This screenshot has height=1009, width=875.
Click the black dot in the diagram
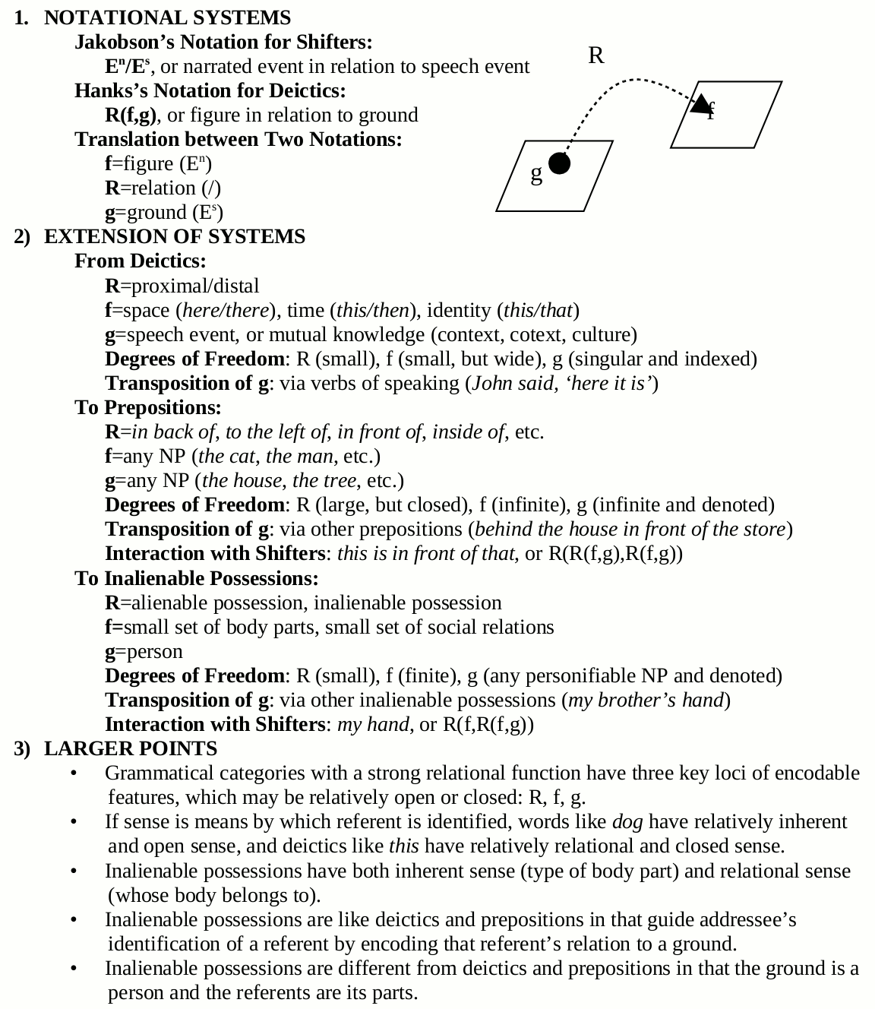tap(559, 163)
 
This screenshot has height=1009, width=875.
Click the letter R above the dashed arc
tap(596, 55)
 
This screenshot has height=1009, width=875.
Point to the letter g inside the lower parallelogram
tap(536, 174)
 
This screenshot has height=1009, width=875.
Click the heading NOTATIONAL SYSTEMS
tap(167, 17)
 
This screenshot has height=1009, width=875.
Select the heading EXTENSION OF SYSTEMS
tap(174, 236)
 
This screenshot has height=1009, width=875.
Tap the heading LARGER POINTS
tap(130, 748)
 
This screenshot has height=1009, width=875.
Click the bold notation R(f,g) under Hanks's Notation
tap(131, 115)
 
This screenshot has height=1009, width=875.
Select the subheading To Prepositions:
tap(148, 407)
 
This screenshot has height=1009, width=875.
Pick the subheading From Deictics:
tap(141, 261)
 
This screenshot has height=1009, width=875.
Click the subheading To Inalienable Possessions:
tap(196, 578)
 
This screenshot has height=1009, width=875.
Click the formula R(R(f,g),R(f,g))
tap(615, 553)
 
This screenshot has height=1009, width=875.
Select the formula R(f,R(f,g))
tap(488, 724)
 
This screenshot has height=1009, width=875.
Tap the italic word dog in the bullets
tap(627, 821)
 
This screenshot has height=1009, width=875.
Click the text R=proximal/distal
tap(182, 286)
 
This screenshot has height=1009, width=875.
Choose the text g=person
tap(144, 651)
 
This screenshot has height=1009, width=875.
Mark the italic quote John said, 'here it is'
tap(562, 383)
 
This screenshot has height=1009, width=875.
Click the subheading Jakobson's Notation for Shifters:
tap(223, 42)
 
